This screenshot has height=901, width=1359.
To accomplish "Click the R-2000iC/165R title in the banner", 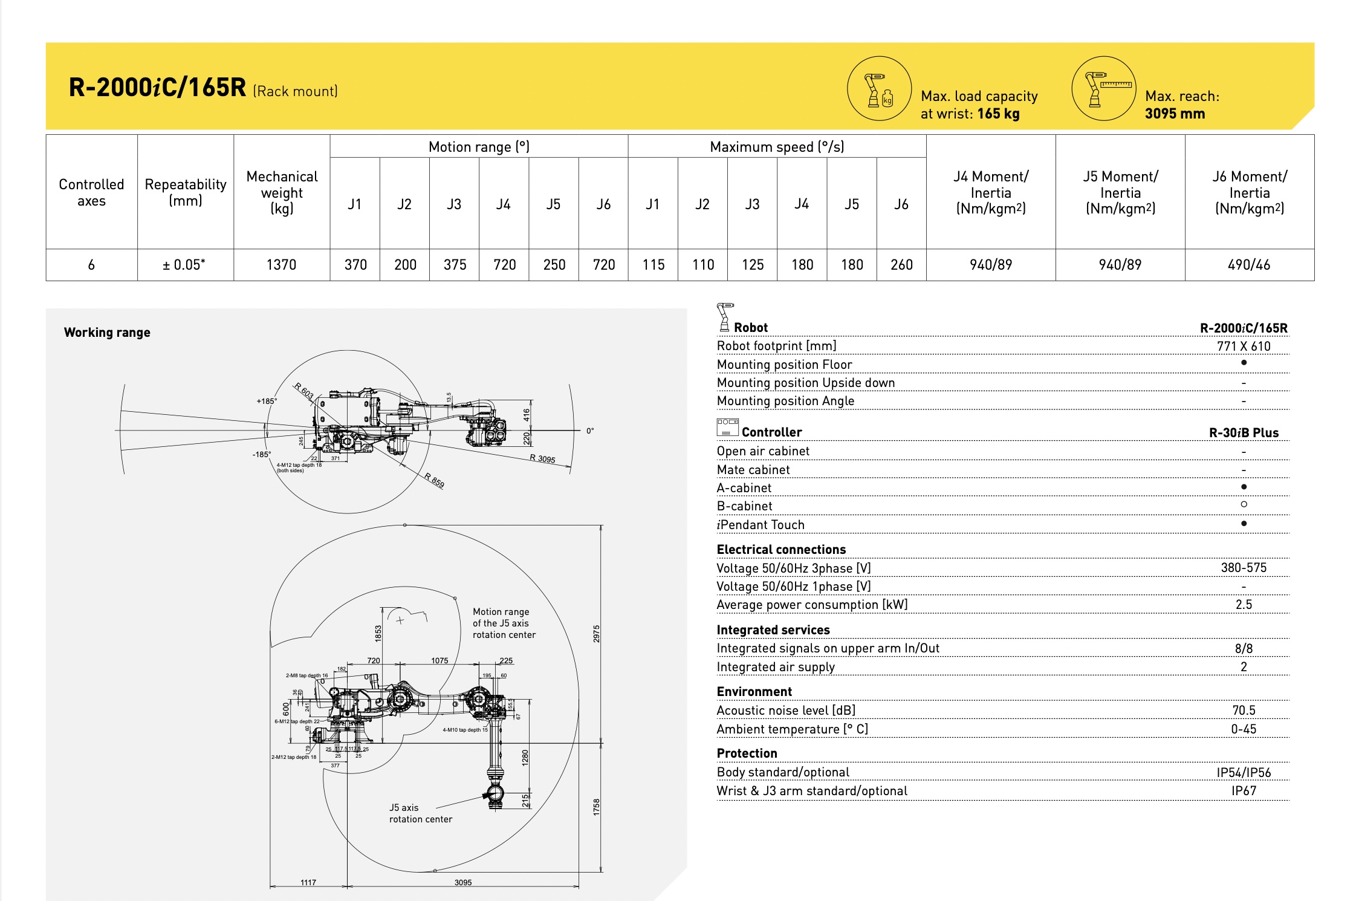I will [x=158, y=88].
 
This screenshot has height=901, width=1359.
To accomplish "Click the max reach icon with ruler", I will [x=1104, y=89].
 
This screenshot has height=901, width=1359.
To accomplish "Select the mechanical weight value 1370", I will [x=282, y=265].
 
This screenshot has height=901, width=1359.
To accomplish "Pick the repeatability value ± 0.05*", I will [x=184, y=265].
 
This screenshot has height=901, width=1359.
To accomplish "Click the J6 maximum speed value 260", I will [x=901, y=265].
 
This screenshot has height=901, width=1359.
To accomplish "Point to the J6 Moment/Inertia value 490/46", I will [x=1249, y=265].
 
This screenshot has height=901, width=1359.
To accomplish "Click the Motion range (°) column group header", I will [x=479, y=147].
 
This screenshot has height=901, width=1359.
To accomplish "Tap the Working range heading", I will [x=107, y=333].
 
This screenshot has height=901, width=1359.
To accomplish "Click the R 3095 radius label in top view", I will [x=542, y=459].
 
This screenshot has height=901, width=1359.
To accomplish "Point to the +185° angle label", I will [x=267, y=401].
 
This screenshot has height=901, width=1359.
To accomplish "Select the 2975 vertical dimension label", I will [x=596, y=634].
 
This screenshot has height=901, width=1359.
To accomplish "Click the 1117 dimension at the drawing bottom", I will [x=308, y=882].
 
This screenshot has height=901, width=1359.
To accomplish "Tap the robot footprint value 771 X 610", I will [x=1244, y=346].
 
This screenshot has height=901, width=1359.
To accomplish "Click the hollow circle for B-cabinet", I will [x=1244, y=504].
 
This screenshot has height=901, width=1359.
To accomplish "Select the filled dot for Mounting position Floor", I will [x=1244, y=363].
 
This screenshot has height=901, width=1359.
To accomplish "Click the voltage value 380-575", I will [x=1244, y=568].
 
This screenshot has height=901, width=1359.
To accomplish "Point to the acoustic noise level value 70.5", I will [x=1244, y=711].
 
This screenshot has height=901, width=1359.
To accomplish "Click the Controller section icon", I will [x=728, y=428].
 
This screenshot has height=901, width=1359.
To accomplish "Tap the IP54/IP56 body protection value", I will [x=1244, y=773].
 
